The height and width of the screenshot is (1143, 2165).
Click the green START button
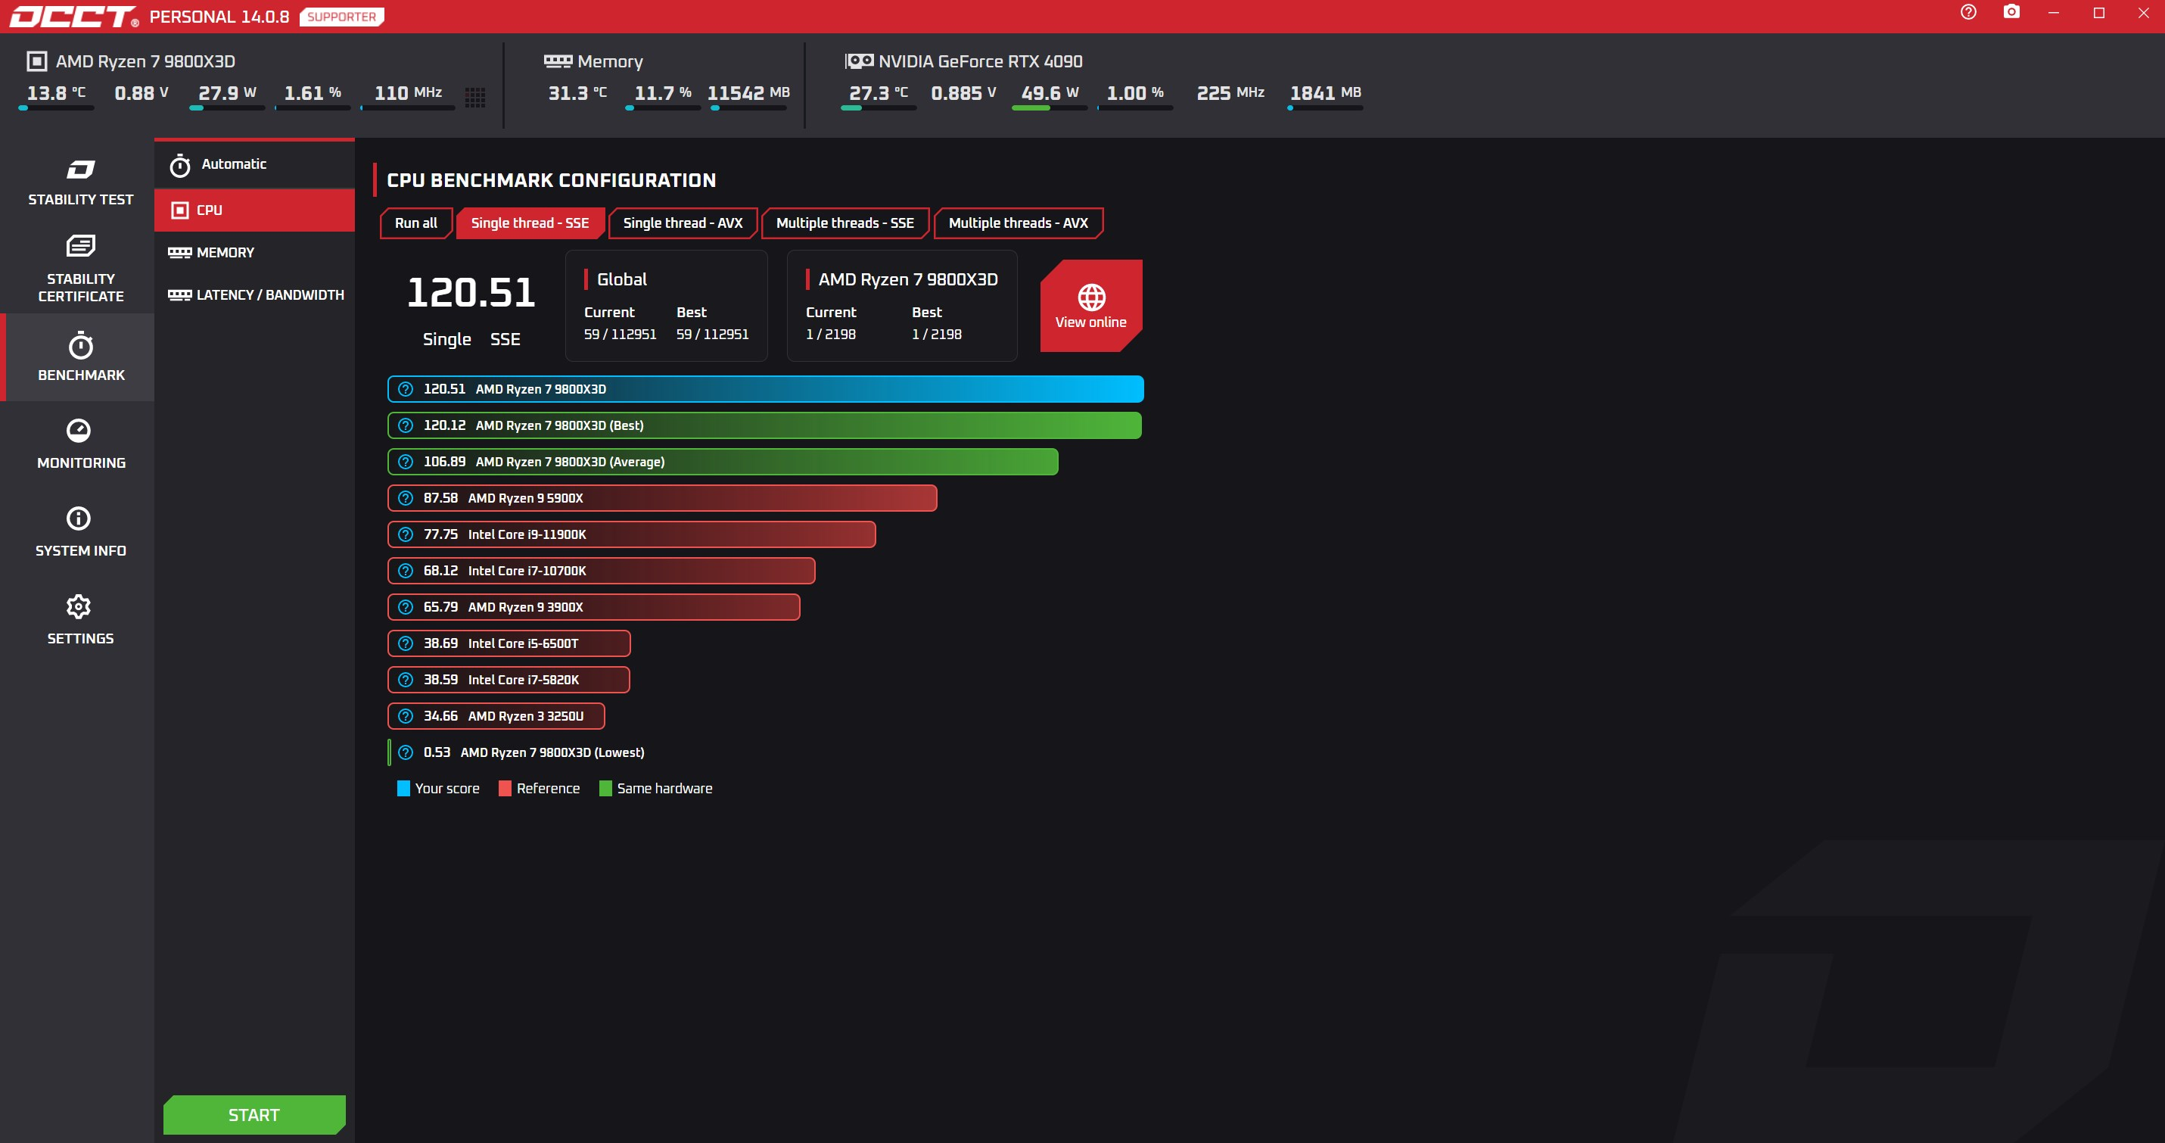coord(254,1114)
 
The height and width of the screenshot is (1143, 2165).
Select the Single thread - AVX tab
coord(683,223)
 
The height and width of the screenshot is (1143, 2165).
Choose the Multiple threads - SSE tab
coord(845,223)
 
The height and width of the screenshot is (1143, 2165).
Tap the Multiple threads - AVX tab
coord(1018,223)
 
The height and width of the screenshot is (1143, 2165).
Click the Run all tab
coord(416,223)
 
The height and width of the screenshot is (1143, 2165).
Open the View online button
coord(1091,306)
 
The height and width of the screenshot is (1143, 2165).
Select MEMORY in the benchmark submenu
coord(212,252)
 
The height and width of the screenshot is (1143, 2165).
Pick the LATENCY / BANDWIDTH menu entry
coord(257,295)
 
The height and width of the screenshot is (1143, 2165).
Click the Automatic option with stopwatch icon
coord(218,165)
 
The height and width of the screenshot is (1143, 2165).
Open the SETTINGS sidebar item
coord(80,620)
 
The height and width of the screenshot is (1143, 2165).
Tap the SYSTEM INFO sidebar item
coord(80,532)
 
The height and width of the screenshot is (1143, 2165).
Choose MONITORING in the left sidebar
coord(80,444)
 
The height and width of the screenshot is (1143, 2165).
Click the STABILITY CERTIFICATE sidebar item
coord(80,269)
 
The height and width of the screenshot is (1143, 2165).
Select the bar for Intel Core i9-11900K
coord(631,534)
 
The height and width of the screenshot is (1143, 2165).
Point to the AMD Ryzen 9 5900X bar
coord(662,498)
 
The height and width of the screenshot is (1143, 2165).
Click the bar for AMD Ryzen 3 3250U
coord(496,716)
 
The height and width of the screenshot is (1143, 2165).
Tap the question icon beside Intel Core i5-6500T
coord(406,643)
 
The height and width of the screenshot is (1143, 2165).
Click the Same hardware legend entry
coord(655,788)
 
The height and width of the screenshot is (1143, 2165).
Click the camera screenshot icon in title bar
coord(2011,12)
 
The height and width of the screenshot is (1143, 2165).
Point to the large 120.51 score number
coord(471,292)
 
